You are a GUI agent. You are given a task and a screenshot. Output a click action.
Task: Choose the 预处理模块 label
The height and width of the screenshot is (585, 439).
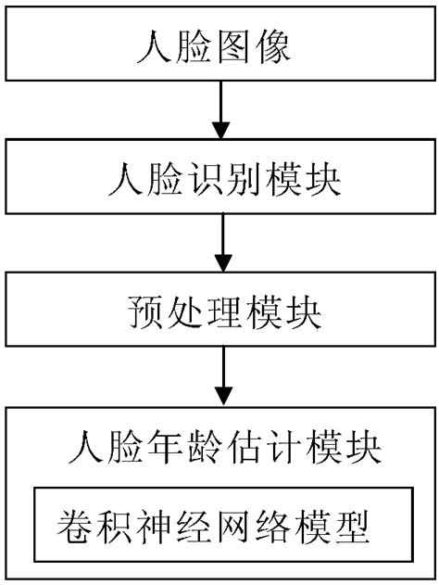point(219,312)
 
